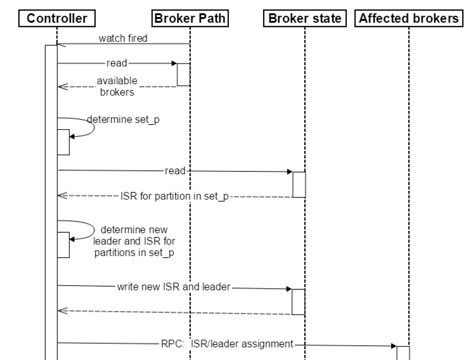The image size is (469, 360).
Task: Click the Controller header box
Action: coord(57,19)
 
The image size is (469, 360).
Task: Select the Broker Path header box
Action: coord(190,19)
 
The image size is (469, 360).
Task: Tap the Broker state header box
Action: coord(305,19)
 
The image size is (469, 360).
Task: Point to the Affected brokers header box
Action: coord(409,19)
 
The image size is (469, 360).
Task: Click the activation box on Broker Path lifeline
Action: coord(184,74)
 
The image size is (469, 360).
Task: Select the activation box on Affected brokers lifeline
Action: coord(403,352)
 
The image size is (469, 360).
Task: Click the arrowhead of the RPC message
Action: coord(394,345)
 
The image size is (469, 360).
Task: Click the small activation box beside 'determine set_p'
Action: coord(63,142)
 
